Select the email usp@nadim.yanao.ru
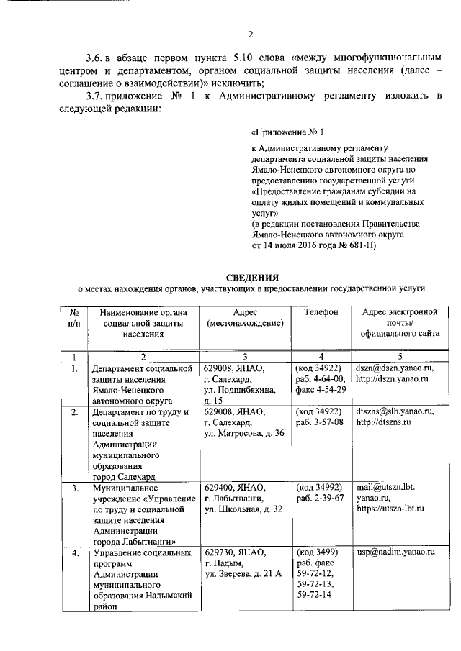pos(397,552)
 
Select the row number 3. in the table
pos(74,488)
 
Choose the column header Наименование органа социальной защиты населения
pos(143,323)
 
